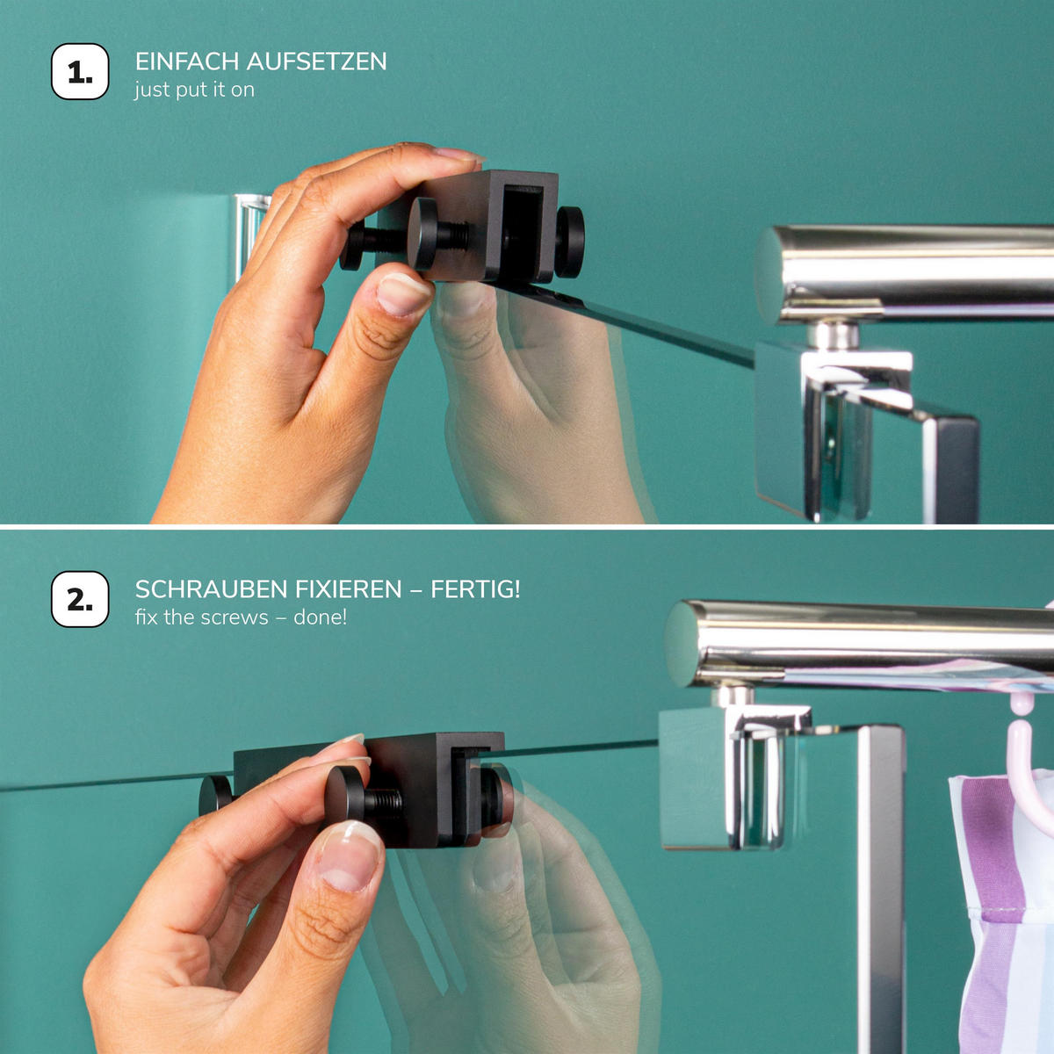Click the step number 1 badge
[x=80, y=72]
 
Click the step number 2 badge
[x=80, y=600]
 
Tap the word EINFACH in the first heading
[x=186, y=61]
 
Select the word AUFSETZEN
[x=317, y=61]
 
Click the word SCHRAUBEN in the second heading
[x=212, y=589]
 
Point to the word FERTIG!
[x=475, y=589]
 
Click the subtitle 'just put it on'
[x=194, y=90]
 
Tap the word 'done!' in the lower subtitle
[x=320, y=617]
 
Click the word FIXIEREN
[x=349, y=589]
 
